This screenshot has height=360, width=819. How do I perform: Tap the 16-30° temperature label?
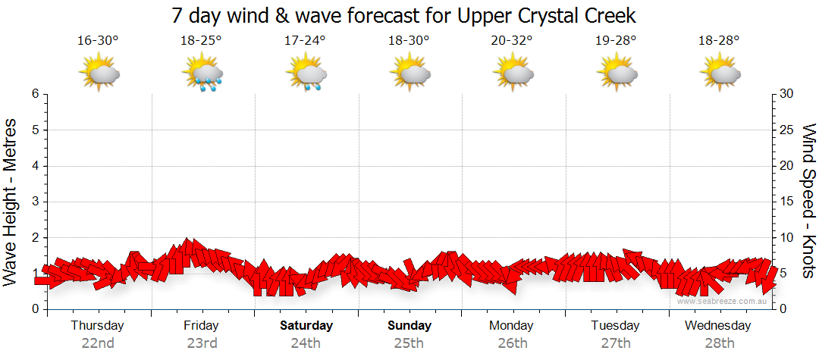[x=98, y=41]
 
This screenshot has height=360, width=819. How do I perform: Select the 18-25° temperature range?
[x=201, y=41]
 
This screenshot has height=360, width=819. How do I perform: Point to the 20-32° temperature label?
[x=513, y=41]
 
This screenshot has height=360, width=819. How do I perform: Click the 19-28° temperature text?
[x=616, y=41]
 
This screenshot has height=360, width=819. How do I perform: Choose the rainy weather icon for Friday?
[x=202, y=74]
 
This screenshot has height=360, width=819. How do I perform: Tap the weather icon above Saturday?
[x=306, y=74]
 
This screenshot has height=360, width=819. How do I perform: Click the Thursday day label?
[x=98, y=326]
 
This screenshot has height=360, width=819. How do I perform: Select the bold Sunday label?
[x=409, y=326]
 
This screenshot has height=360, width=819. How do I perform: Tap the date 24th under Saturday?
[x=306, y=343]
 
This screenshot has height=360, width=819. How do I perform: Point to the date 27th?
[x=617, y=343]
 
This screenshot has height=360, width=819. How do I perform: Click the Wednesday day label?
[x=718, y=326]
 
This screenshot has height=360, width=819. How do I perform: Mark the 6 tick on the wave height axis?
[x=35, y=94]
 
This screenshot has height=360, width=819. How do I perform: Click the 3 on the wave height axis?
[x=35, y=202]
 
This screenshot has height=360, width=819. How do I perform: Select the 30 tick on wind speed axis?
[x=787, y=94]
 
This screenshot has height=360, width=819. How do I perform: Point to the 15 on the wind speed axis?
[x=787, y=202]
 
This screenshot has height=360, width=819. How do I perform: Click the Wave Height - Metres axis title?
[x=12, y=202]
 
